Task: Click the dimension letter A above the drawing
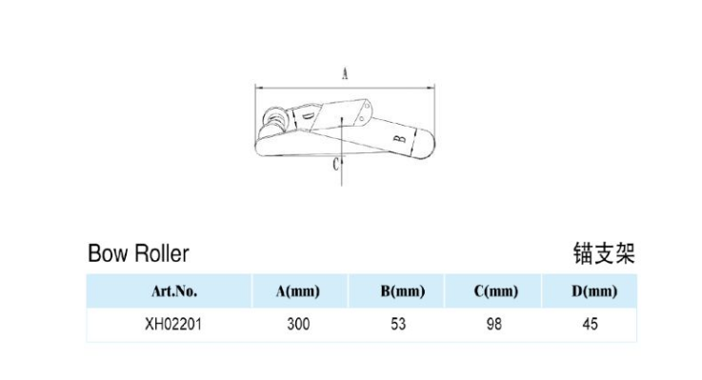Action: (345, 73)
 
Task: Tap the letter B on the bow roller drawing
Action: (400, 138)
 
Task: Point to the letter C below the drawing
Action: (336, 165)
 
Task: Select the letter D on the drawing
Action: (308, 117)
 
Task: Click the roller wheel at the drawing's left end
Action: (273, 118)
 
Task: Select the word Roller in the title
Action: (162, 253)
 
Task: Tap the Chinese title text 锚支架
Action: (605, 253)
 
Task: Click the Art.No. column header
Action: (174, 291)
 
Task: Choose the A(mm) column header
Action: (298, 291)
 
